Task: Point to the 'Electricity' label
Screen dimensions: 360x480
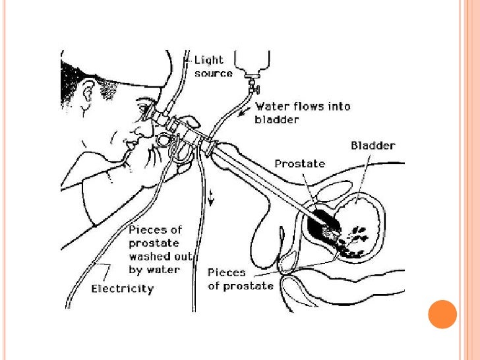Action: [123, 288]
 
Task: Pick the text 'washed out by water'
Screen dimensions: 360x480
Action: [154, 263]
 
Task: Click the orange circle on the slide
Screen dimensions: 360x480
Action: [442, 314]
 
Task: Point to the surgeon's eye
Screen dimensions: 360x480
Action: [144, 111]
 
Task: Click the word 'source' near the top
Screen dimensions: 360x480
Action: [214, 73]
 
